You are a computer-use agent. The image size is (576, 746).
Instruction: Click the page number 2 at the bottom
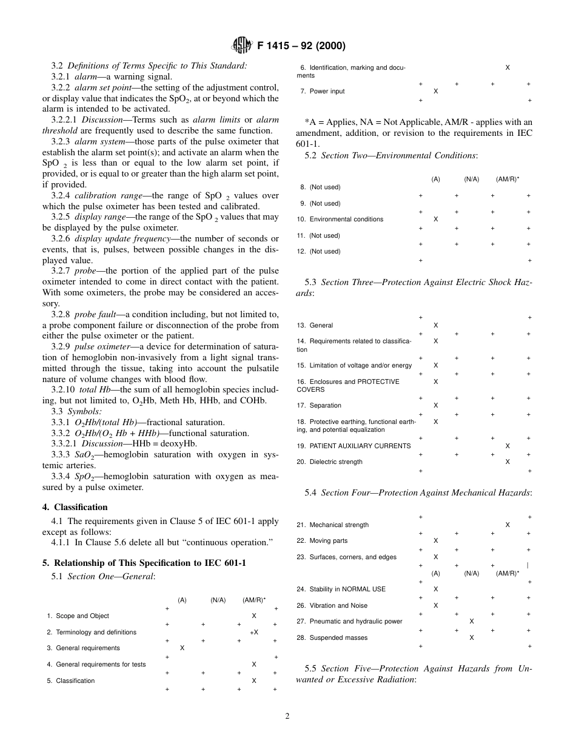pos(287,715)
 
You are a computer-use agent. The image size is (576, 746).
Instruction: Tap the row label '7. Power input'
pos(322,92)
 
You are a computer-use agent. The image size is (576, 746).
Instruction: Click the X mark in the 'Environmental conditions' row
pos(435,220)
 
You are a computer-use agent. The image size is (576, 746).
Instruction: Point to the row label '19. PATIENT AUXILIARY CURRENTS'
pos(353,446)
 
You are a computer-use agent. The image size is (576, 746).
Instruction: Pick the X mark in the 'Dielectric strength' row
pos(507,462)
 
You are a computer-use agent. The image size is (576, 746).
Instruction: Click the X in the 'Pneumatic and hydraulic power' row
pos(472,622)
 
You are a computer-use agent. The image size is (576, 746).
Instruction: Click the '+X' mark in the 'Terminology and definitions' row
pos(254,632)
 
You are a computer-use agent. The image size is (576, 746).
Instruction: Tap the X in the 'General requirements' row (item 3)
pos(182,648)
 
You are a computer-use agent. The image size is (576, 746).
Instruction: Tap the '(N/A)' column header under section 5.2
pos(472,180)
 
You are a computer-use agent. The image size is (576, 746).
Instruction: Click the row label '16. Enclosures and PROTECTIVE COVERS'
pos(349,386)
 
